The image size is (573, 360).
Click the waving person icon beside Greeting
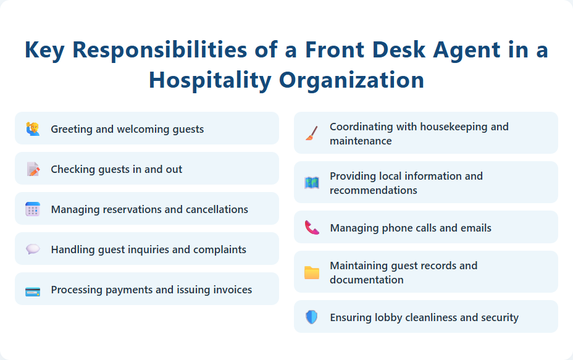(x=33, y=129)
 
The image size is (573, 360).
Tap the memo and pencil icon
(x=33, y=169)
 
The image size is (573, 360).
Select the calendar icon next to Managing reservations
(x=33, y=209)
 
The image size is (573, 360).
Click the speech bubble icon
(x=33, y=249)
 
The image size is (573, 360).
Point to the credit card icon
(x=33, y=290)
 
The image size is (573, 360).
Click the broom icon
(x=312, y=133)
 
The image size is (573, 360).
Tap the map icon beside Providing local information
(x=312, y=183)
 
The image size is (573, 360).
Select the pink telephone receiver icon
(x=312, y=228)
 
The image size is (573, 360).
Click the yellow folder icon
(x=312, y=272)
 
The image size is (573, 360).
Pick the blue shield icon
(x=312, y=317)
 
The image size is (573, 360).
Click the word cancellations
(x=212, y=209)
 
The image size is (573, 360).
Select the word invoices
(x=231, y=290)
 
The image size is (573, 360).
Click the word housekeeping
(x=454, y=127)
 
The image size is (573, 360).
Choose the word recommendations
(x=374, y=190)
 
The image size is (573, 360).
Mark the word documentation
(x=367, y=280)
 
